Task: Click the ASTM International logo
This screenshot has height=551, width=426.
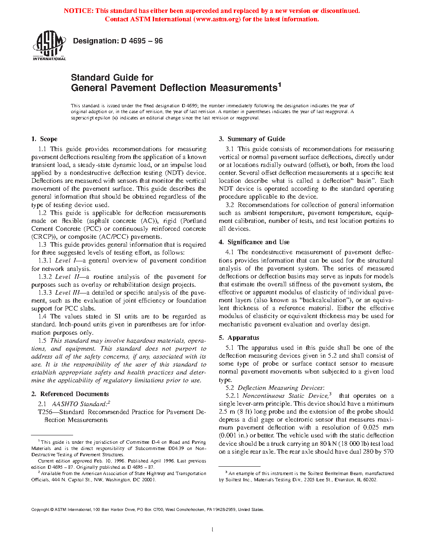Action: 49,46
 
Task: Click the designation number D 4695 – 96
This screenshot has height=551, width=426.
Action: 142,41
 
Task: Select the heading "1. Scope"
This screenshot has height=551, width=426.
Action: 44,139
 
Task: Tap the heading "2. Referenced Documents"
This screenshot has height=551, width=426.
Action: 70,394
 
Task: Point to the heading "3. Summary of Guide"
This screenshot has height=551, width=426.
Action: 252,139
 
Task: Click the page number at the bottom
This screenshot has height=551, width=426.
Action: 213,530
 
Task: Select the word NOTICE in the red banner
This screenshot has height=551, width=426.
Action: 78,11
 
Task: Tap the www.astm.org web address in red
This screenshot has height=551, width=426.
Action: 217,19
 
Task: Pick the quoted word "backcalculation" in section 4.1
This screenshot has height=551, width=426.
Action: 327,300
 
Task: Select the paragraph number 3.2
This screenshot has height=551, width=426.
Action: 230,205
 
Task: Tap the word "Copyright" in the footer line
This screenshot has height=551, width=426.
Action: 40,510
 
